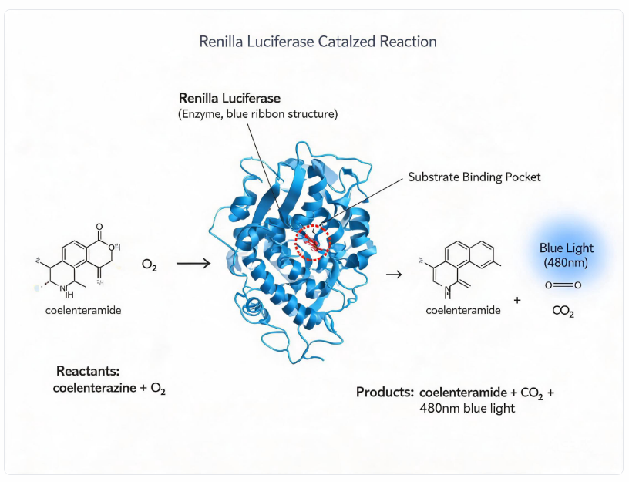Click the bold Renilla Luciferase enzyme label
click(x=230, y=98)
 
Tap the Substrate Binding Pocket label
click(x=474, y=177)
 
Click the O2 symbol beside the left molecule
click(x=150, y=265)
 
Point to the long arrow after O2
click(x=193, y=263)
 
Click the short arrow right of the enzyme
click(x=394, y=274)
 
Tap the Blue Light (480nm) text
click(x=566, y=255)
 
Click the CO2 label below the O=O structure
click(x=563, y=311)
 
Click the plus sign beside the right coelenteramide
click(x=517, y=300)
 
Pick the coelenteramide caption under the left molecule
click(x=83, y=310)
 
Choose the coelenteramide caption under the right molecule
click(x=463, y=310)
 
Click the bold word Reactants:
click(x=88, y=371)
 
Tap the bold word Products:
click(x=385, y=392)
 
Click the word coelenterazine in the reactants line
click(x=94, y=388)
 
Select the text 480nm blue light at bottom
click(x=467, y=408)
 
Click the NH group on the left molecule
click(x=66, y=292)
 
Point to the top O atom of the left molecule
click(x=99, y=228)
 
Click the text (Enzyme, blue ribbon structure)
click(x=258, y=114)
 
